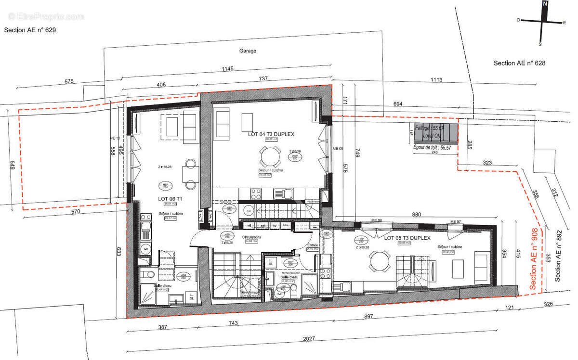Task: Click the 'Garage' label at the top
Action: [x=248, y=51]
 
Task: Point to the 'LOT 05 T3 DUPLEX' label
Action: [x=407, y=238]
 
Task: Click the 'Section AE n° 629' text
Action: [x=30, y=30]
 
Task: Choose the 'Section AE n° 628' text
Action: [x=519, y=63]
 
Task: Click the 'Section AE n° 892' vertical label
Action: [x=559, y=256]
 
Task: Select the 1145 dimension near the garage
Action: [x=227, y=69]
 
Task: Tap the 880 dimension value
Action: [x=417, y=215]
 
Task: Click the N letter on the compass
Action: [x=545, y=4]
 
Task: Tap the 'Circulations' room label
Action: [x=251, y=237]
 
